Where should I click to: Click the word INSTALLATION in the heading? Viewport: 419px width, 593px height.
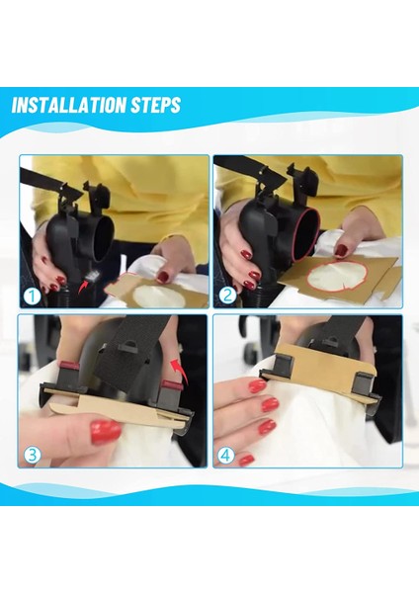[x=69, y=105]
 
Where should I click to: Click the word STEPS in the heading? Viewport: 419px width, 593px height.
[x=155, y=105]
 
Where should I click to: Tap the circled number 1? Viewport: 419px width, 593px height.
[x=32, y=296]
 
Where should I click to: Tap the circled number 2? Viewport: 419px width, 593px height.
[x=227, y=295]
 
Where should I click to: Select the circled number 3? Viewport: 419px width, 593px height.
[x=33, y=455]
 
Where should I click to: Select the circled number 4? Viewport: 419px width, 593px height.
[x=225, y=456]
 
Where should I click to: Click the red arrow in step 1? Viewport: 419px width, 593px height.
[x=82, y=287]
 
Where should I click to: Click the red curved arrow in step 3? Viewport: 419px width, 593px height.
[x=179, y=372]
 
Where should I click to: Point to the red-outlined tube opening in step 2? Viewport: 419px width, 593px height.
[x=306, y=234]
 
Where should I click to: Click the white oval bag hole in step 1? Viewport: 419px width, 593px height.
[x=159, y=296]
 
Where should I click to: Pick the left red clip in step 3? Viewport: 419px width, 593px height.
[x=69, y=366]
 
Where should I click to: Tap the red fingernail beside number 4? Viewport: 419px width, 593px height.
[x=246, y=460]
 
